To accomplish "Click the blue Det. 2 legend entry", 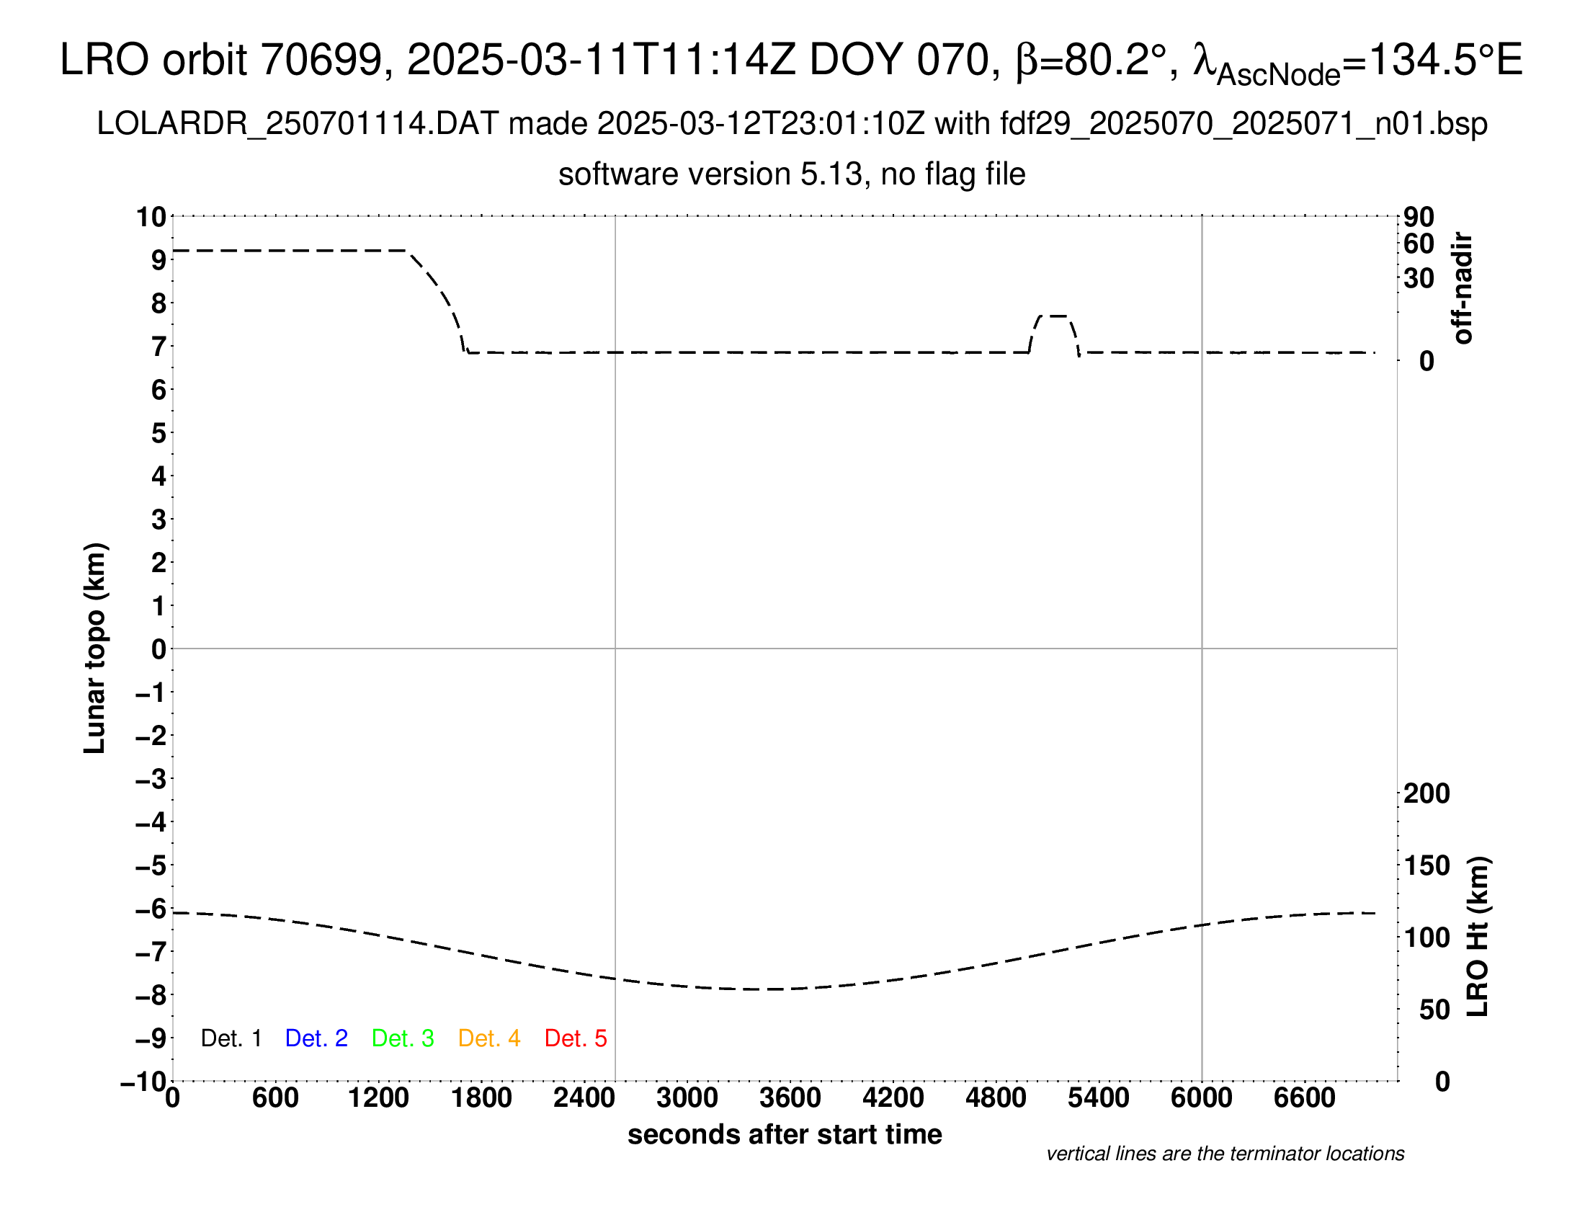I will click(x=316, y=1038).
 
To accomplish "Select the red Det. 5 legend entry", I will click(x=576, y=1038).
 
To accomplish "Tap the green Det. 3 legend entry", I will click(x=403, y=1038).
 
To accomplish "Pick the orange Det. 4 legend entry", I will click(x=489, y=1038).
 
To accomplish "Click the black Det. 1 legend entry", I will click(x=231, y=1038).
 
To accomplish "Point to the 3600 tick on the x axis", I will click(x=790, y=1098).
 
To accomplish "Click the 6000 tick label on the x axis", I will click(x=1202, y=1098).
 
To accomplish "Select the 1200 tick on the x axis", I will click(x=378, y=1098).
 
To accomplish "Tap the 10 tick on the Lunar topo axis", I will click(x=152, y=217).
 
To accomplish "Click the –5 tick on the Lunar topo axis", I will click(x=152, y=865).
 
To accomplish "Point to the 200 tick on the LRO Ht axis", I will click(x=1426, y=794).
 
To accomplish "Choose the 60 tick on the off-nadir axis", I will click(x=1419, y=244).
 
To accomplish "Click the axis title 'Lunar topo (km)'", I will click(x=95, y=649).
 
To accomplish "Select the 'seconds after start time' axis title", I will click(x=785, y=1134).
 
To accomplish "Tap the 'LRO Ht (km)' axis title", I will click(x=1478, y=937).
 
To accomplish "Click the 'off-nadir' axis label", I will click(x=1463, y=288).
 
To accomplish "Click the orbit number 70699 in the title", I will click(x=321, y=60).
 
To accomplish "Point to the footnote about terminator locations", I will click(x=1225, y=1154).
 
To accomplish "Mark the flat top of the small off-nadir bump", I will click(x=1054, y=316).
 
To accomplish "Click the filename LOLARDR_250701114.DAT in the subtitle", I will click(x=298, y=124).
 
